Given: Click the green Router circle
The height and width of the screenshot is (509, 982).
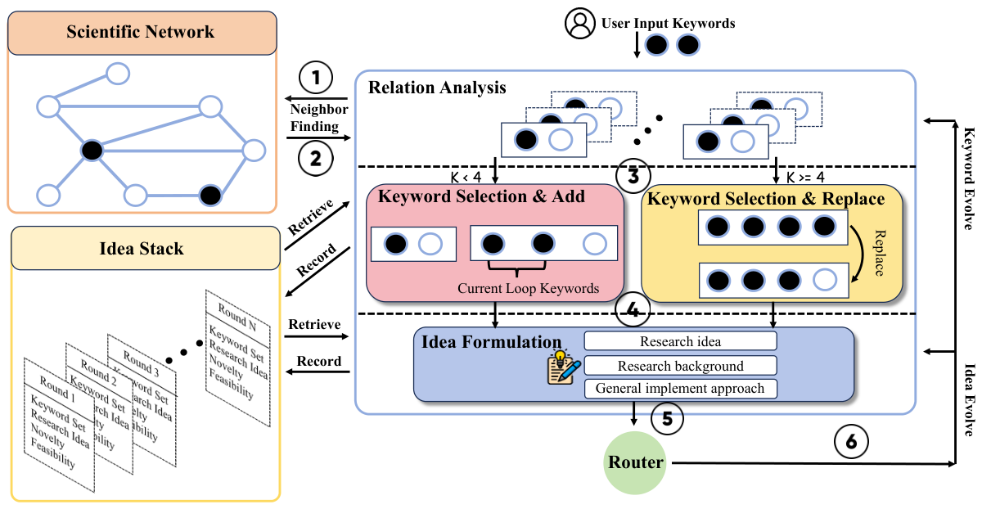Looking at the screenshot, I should pos(635,463).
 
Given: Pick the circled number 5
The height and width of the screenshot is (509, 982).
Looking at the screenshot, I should pos(667,419).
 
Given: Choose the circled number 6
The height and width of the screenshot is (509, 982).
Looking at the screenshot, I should pos(851,442).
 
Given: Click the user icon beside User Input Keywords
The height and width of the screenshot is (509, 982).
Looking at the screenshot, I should pos(579,23).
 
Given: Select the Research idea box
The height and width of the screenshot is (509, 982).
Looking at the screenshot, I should pos(680,341).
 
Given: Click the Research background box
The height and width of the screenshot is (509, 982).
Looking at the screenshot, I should pos(680,365).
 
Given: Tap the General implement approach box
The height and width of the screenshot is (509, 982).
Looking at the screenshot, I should pos(680,389).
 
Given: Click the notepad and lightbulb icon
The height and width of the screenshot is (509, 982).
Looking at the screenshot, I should pos(563,367).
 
